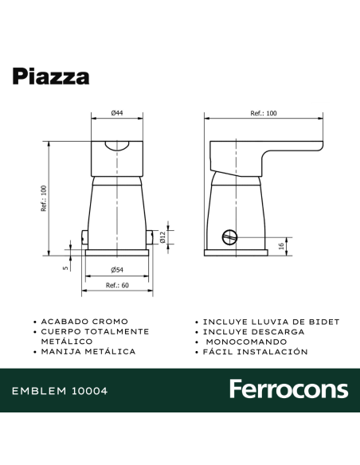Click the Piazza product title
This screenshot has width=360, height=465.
(51, 76)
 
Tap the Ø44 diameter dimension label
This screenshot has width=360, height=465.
(116, 115)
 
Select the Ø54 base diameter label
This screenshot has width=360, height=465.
(116, 268)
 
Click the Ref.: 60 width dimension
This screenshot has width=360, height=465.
(117, 285)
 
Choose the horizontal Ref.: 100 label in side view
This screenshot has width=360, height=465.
(263, 115)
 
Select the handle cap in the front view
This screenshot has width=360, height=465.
(116, 156)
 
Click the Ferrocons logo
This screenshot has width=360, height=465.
(288, 389)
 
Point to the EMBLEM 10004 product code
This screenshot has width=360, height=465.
(60, 391)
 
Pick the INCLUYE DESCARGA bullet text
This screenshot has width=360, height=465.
(253, 331)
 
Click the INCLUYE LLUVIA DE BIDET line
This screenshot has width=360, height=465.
(271, 322)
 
